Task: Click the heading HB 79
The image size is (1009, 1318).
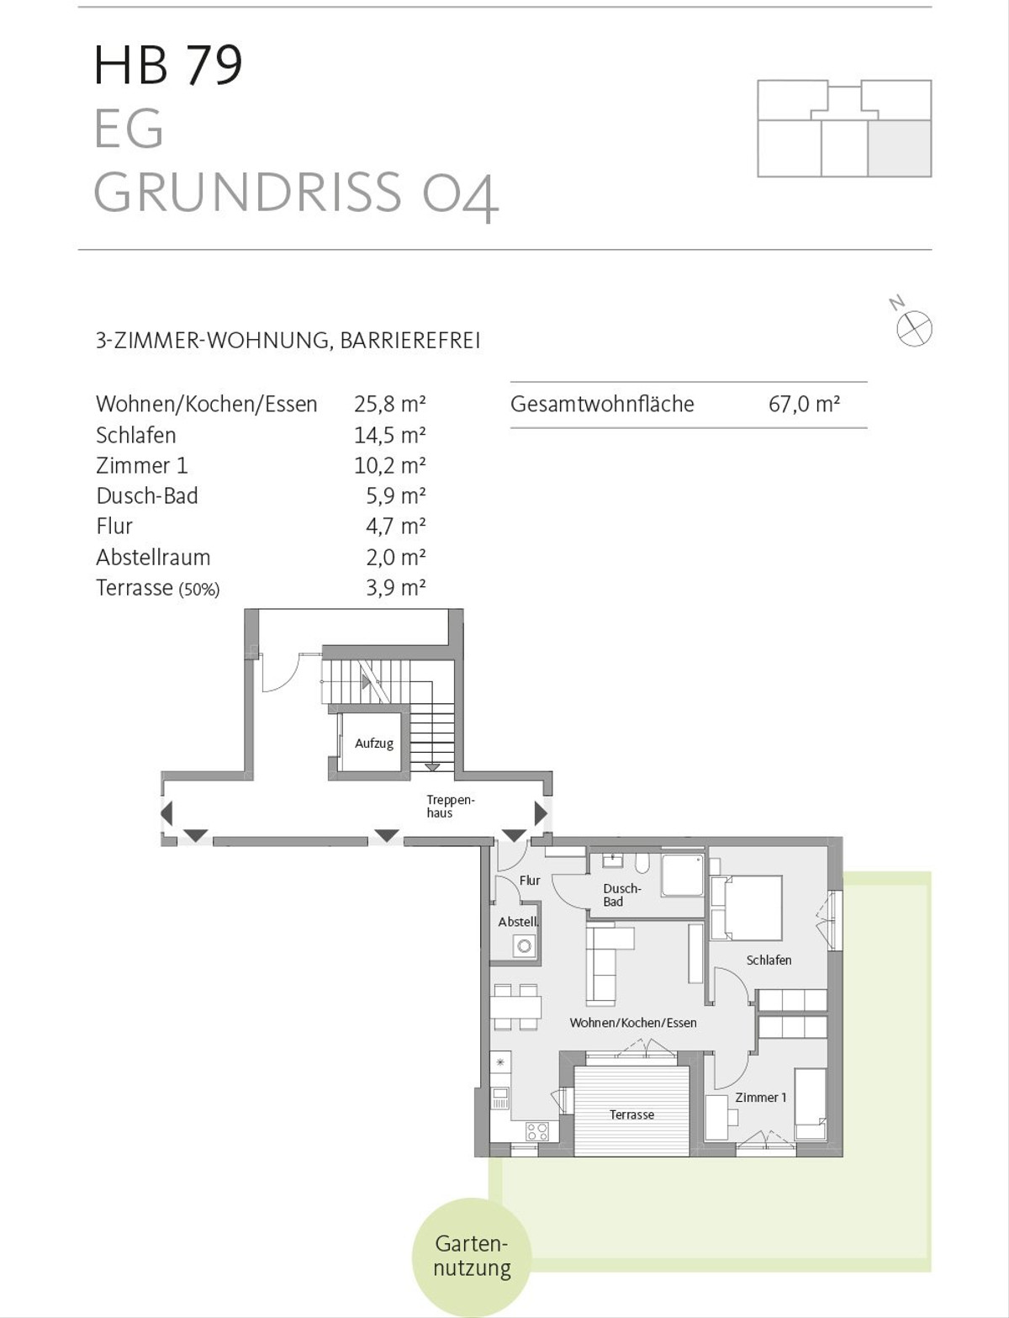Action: tap(168, 65)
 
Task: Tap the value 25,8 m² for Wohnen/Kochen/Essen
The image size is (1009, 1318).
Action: tap(389, 404)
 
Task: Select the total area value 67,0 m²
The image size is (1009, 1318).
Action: tap(804, 404)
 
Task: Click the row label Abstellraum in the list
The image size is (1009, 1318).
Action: tap(153, 557)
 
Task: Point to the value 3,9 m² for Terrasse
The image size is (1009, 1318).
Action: tap(395, 587)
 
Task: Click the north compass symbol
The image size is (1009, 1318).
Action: tap(914, 327)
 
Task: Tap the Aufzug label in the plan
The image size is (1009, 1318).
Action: tap(373, 744)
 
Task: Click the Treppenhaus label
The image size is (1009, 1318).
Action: tap(439, 807)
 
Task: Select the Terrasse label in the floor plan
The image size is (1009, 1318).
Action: tap(631, 1114)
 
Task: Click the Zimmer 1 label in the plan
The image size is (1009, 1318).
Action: tap(760, 1097)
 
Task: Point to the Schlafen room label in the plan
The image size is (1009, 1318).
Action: tap(769, 960)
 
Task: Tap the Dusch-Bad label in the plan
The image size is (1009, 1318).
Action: tap(621, 895)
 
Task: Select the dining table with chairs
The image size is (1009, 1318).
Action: tap(515, 1007)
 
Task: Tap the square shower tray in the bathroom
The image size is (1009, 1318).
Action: tap(682, 876)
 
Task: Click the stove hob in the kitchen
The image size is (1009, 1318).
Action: tap(537, 1131)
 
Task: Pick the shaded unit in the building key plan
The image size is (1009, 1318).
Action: tap(899, 148)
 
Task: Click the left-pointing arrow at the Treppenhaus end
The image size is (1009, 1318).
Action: tap(166, 813)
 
